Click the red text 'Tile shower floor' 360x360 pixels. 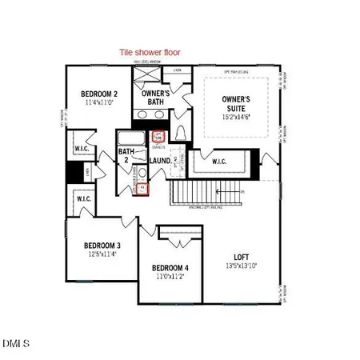click(150, 52)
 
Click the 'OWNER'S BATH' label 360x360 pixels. click(158, 98)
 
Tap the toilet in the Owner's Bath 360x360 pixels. click(180, 133)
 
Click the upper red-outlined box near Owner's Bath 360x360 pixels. click(158, 138)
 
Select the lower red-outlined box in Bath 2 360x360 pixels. click(143, 190)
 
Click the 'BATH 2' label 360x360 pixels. click(126, 155)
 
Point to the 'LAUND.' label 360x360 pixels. click(162, 161)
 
